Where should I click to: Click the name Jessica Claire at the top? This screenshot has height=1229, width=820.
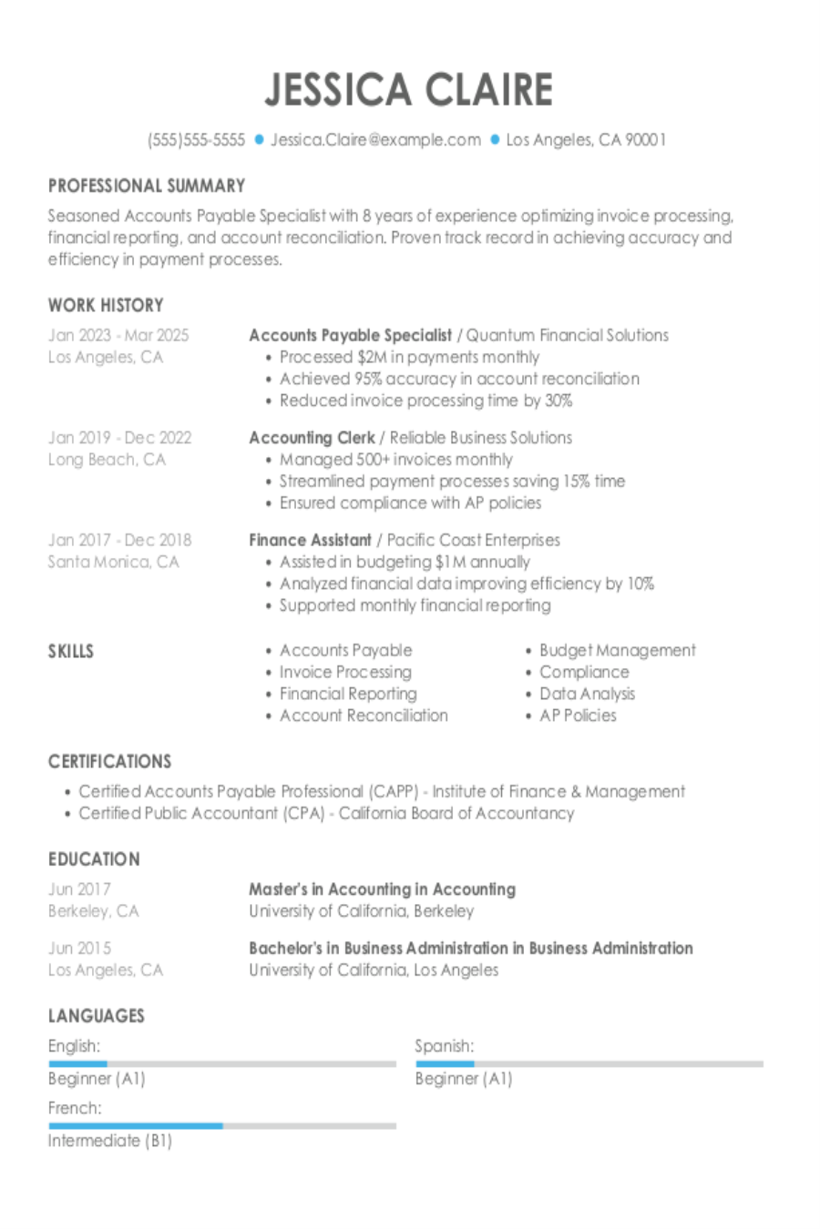pyautogui.click(x=409, y=89)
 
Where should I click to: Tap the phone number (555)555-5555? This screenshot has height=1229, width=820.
pyautogui.click(x=196, y=139)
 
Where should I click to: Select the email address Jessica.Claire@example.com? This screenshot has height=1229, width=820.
pyautogui.click(x=375, y=139)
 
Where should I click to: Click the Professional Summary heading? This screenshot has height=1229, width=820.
pyautogui.click(x=147, y=186)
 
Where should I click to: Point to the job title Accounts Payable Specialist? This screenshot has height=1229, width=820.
pyautogui.click(x=350, y=335)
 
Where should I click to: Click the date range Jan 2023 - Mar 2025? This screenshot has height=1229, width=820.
pyautogui.click(x=118, y=335)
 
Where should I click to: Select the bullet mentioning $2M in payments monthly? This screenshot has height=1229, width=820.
pyautogui.click(x=409, y=357)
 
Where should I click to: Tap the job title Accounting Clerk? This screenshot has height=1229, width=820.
pyautogui.click(x=312, y=437)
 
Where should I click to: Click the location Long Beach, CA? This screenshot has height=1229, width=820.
pyautogui.click(x=107, y=459)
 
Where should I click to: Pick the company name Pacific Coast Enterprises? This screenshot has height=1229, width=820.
pyautogui.click(x=474, y=540)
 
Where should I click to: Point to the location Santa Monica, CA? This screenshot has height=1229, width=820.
pyautogui.click(x=113, y=562)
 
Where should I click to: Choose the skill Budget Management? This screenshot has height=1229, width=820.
pyautogui.click(x=617, y=650)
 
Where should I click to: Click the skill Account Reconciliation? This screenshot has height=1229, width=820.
pyautogui.click(x=364, y=716)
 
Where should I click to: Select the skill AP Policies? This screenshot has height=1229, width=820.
pyautogui.click(x=578, y=716)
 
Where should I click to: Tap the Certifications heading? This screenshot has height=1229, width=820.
pyautogui.click(x=109, y=761)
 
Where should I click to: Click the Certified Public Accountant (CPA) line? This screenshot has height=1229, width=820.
pyautogui.click(x=326, y=813)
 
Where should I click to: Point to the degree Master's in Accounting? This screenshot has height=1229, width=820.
pyautogui.click(x=382, y=889)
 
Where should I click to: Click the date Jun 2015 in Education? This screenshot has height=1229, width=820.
pyautogui.click(x=79, y=948)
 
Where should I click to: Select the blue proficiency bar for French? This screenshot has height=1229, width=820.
pyautogui.click(x=136, y=1126)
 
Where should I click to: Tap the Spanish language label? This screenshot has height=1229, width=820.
pyautogui.click(x=444, y=1046)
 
